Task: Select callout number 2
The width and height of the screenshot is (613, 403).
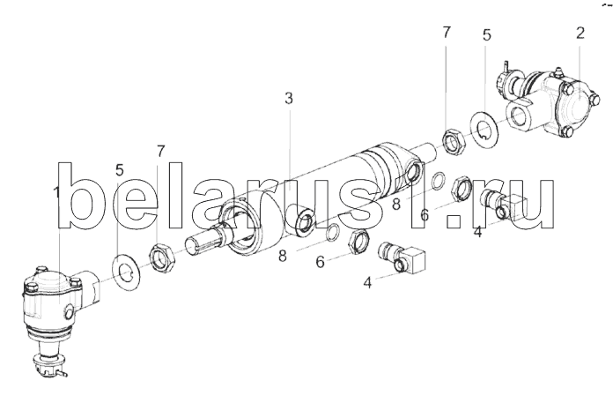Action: point(580,34)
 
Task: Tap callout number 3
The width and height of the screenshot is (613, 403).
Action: point(288,98)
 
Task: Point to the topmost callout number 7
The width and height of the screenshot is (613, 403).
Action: point(447,33)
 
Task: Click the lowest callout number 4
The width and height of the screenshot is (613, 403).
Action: point(367,283)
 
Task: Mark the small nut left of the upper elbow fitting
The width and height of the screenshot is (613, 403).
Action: point(460,188)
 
